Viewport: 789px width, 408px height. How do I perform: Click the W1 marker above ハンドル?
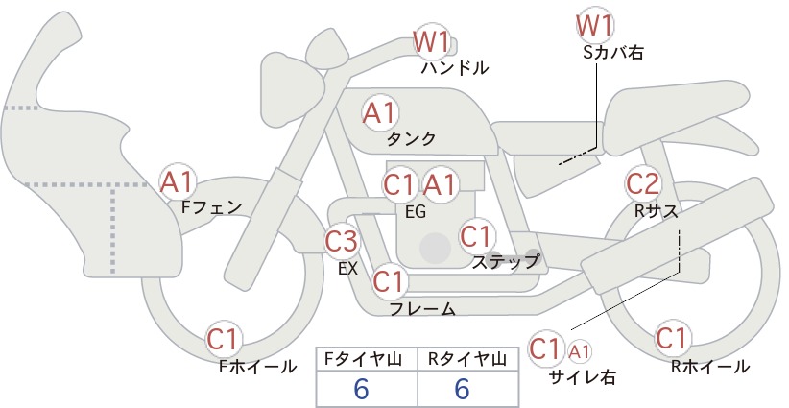(x=432, y=41)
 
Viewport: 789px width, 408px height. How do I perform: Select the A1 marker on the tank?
(x=380, y=113)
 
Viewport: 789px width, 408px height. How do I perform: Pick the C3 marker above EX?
(x=342, y=241)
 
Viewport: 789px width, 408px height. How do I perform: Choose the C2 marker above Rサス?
(x=643, y=183)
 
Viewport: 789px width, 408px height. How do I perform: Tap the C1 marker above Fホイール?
(x=223, y=339)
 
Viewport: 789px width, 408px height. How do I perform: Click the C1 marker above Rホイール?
(x=672, y=338)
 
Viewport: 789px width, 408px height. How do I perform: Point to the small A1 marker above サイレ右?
(x=579, y=351)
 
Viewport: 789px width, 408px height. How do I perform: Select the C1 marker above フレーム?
(x=389, y=281)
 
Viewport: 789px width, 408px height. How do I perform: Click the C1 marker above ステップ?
(x=476, y=236)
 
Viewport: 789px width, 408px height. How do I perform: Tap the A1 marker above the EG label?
(x=440, y=184)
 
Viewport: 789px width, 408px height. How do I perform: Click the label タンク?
(x=411, y=138)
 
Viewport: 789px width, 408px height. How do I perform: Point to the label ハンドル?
(x=455, y=67)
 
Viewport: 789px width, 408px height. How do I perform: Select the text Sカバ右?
(x=613, y=53)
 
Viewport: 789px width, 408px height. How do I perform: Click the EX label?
(x=347, y=269)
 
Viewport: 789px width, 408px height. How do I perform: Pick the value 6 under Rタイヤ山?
(x=462, y=389)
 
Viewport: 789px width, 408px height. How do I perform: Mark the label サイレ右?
(x=583, y=377)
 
